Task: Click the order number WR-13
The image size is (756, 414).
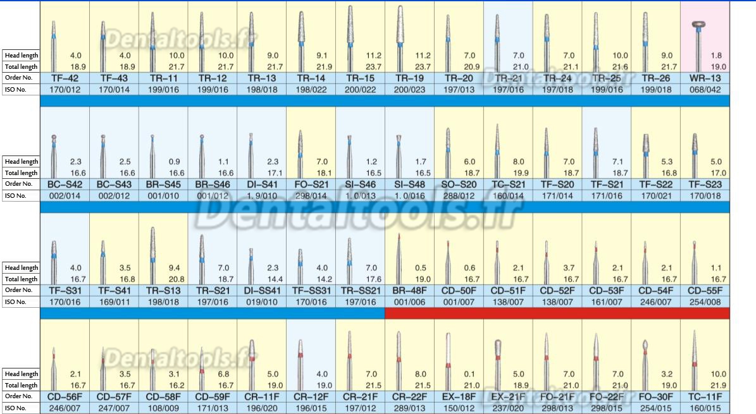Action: [x=705, y=78]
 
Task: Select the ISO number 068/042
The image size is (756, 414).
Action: [x=705, y=90]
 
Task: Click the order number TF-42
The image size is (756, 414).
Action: [x=65, y=78]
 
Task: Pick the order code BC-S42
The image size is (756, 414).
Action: [x=65, y=184]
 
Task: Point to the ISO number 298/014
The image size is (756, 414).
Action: [x=311, y=196]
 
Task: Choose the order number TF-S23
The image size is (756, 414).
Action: [x=705, y=184]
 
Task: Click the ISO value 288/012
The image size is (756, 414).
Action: [x=459, y=196]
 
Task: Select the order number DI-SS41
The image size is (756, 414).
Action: [x=261, y=290]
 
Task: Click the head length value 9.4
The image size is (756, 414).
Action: [x=175, y=267]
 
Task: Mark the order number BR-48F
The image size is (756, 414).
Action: [x=409, y=290]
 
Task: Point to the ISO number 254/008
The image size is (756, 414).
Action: [x=705, y=302]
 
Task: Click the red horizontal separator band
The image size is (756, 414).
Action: [x=557, y=314]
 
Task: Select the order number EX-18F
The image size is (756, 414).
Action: [x=459, y=396]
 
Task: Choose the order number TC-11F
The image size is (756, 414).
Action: [x=705, y=396]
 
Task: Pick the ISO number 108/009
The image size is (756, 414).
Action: [x=163, y=408]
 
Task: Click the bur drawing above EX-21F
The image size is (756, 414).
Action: [x=497, y=357]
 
